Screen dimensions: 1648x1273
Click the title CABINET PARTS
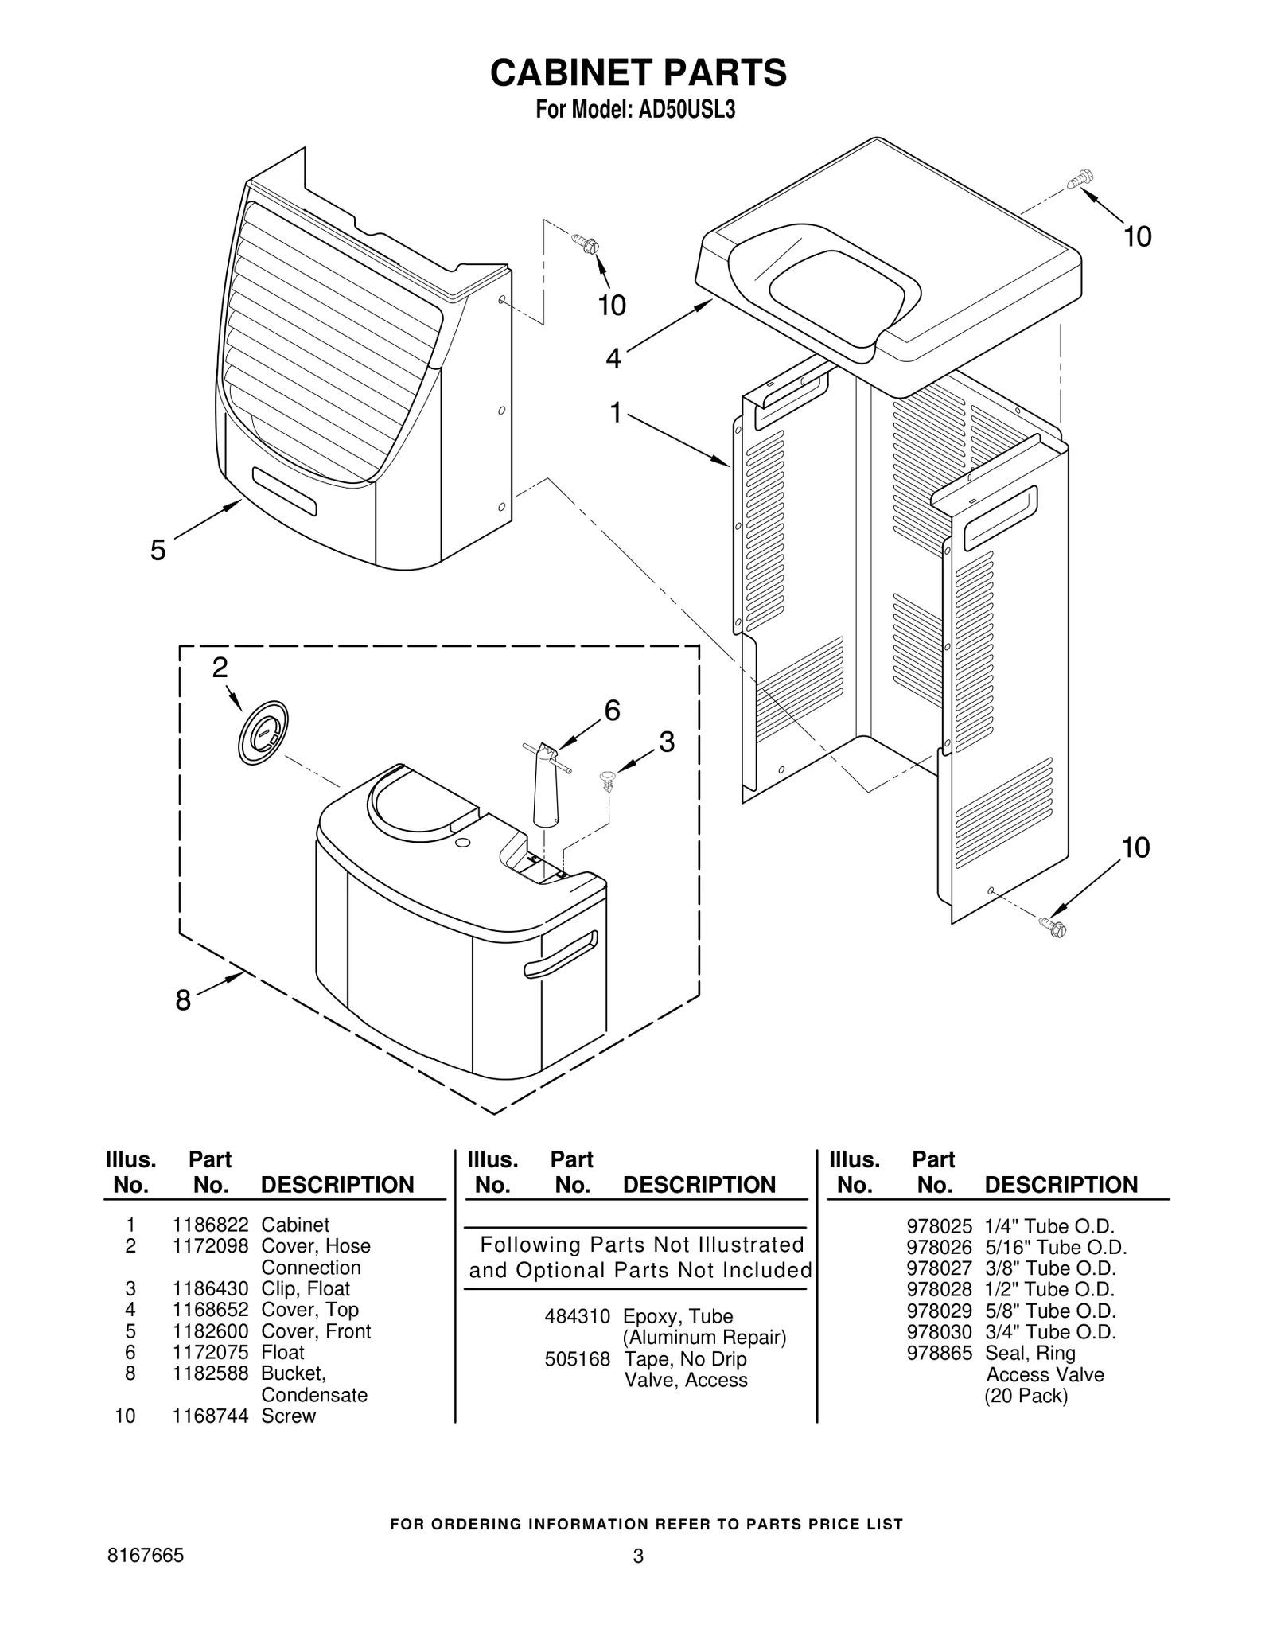(638, 72)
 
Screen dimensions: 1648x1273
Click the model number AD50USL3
(685, 111)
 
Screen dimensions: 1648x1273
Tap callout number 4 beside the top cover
(613, 359)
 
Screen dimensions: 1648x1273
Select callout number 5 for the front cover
(158, 550)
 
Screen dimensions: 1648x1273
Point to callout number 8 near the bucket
(183, 1000)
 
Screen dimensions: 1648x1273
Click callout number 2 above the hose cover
(220, 668)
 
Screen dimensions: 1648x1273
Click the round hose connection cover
(262, 733)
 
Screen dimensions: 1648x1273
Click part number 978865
(939, 1353)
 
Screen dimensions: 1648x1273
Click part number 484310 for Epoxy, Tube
(577, 1316)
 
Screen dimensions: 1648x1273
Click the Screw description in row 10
(288, 1416)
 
